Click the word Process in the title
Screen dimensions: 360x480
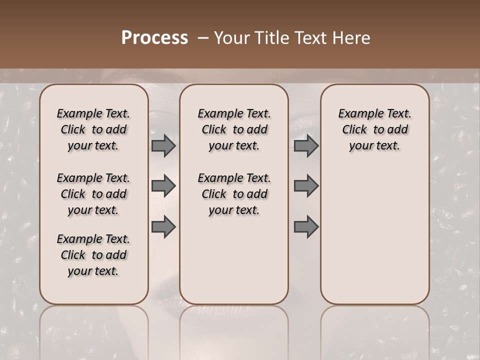click(154, 38)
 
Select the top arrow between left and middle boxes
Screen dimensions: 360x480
click(163, 145)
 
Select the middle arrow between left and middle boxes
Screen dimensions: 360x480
click(163, 186)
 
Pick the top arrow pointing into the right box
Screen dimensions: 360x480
click(306, 145)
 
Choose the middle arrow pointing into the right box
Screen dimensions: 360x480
click(306, 186)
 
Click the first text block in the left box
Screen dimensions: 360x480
click(93, 129)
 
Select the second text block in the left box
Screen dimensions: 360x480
click(93, 194)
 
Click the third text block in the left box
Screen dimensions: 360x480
click(93, 255)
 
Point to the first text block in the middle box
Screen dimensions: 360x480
click(234, 129)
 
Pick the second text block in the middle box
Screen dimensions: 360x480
click(234, 194)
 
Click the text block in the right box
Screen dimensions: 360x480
click(375, 129)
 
